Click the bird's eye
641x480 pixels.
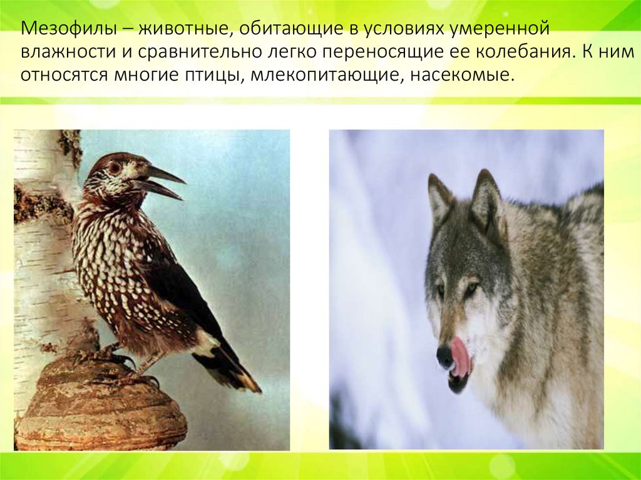115,168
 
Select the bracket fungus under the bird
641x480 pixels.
100,407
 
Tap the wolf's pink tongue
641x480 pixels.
461,357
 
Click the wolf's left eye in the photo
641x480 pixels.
439,290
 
